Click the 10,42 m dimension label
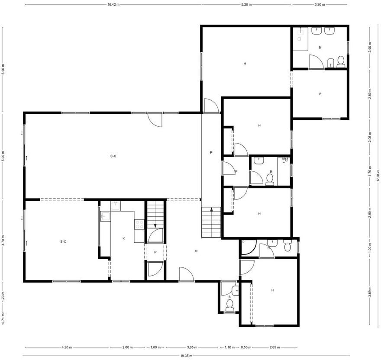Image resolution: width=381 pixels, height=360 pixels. click(113, 4)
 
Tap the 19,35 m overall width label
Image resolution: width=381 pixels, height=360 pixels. click(186, 356)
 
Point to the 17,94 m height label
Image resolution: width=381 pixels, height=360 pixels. click(378, 175)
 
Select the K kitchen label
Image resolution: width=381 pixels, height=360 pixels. click(124, 238)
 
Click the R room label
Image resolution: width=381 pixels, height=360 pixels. click(196, 251)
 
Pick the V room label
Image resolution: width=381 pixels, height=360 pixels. click(320, 93)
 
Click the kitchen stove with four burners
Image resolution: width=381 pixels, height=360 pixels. click(139, 224)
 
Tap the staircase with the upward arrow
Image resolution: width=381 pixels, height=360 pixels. click(211, 222)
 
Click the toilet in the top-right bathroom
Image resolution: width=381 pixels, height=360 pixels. click(341, 62)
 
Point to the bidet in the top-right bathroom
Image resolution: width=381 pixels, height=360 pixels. click(331, 63)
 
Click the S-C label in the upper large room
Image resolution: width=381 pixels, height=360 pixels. click(113, 156)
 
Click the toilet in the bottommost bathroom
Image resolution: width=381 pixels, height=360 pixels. click(229, 305)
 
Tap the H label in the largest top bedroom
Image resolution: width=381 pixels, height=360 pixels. click(245, 64)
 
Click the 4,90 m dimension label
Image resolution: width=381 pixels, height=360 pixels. click(67, 347)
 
